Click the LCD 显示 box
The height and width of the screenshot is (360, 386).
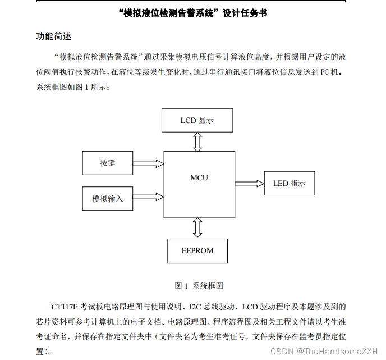pyautogui.click(x=197, y=120)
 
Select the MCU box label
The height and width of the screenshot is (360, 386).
pyautogui.click(x=199, y=177)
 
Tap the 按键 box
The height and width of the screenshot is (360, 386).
pyautogui.click(x=108, y=163)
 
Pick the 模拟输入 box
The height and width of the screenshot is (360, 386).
pyautogui.click(x=108, y=198)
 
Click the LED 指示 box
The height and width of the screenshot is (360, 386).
pyautogui.click(x=289, y=183)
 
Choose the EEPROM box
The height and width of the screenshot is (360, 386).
pyautogui.click(x=197, y=250)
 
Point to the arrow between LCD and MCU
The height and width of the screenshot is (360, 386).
pyautogui.click(x=197, y=142)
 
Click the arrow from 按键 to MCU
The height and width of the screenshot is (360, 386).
pyautogui.click(x=148, y=163)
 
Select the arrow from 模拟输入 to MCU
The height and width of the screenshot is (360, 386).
pyautogui.click(x=148, y=198)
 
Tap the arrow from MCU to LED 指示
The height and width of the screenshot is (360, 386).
pyautogui.click(x=249, y=183)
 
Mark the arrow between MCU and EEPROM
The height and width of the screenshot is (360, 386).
pyautogui.click(x=197, y=227)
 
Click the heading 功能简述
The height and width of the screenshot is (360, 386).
pyautogui.click(x=54, y=37)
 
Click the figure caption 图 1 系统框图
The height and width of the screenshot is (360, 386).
pyautogui.click(x=199, y=285)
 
